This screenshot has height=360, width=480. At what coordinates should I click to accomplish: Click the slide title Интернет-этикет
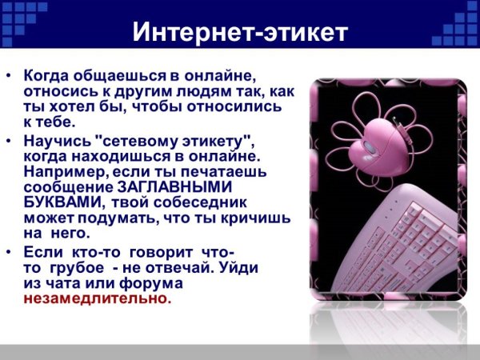pos(240,33)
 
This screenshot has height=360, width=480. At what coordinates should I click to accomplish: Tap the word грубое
pos(76,268)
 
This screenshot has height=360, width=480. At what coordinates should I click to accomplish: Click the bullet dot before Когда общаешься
pos(9,77)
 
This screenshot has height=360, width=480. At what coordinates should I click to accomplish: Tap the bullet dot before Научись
pos(9,142)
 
